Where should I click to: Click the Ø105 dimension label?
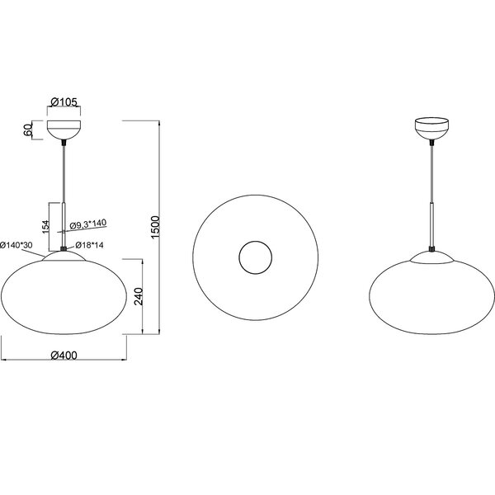click(64, 102)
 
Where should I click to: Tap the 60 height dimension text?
click(27, 130)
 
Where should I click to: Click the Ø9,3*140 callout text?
click(87, 224)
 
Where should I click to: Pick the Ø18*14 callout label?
click(88, 245)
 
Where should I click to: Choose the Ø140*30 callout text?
click(16, 245)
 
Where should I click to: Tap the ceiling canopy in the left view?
click(64, 130)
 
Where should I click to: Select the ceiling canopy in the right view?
click(431, 129)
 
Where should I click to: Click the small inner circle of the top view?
click(254, 258)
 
